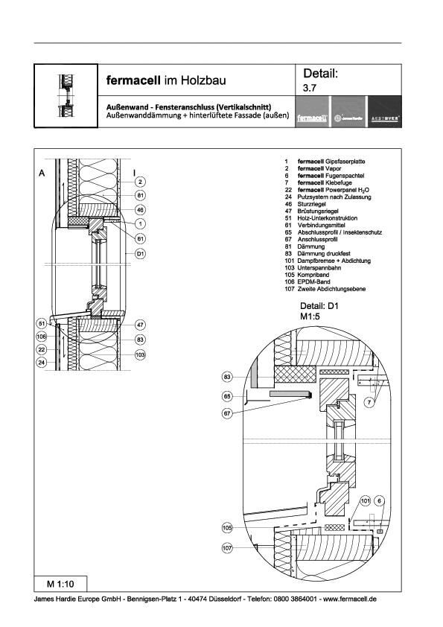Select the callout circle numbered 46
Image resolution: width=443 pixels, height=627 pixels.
(x=140, y=210)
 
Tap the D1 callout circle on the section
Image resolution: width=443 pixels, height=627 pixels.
(x=140, y=254)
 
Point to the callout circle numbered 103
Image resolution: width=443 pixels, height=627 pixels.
(x=140, y=354)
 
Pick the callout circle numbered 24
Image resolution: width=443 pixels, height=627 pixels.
(x=42, y=362)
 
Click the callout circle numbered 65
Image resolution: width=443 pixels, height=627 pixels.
(x=228, y=398)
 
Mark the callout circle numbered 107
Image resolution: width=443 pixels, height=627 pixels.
(x=228, y=548)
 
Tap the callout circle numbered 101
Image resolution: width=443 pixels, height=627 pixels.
(x=366, y=501)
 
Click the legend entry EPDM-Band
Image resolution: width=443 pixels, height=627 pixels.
(x=305, y=281)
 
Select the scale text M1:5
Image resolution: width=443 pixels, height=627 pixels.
(x=310, y=317)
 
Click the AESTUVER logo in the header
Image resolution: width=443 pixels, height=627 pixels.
(x=384, y=118)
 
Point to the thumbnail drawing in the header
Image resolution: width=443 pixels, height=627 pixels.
(x=66, y=96)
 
